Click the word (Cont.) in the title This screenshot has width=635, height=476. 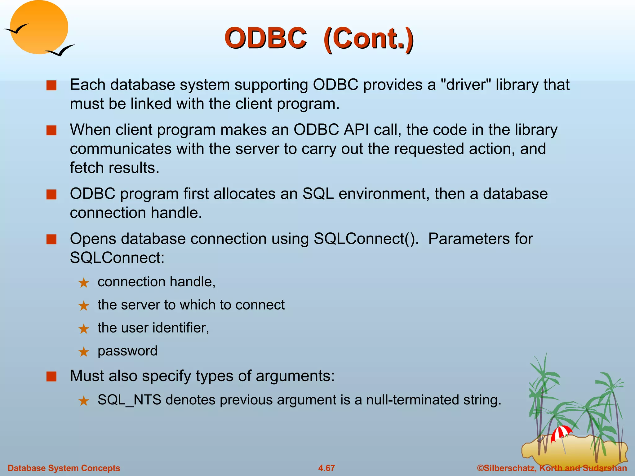(x=368, y=39)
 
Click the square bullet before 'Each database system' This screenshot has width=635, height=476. (x=51, y=85)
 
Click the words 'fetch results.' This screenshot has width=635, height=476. (x=114, y=168)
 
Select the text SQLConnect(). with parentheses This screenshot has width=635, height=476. (x=366, y=239)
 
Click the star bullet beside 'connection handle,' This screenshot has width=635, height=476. (x=84, y=283)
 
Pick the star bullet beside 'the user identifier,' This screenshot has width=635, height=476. (x=84, y=329)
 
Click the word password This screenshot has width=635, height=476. (x=127, y=351)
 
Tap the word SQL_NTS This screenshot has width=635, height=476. (x=129, y=400)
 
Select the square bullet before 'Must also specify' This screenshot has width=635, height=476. (x=51, y=377)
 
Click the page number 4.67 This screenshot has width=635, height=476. (x=326, y=468)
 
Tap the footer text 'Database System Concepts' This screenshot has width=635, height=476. (x=64, y=468)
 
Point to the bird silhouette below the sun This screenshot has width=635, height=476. (x=60, y=51)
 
